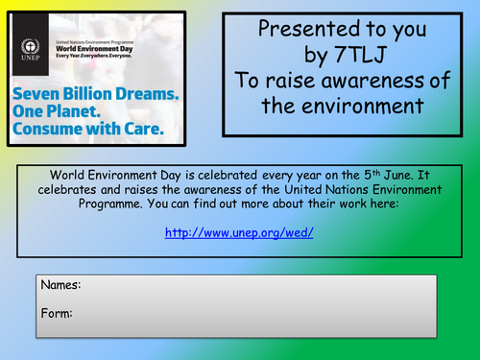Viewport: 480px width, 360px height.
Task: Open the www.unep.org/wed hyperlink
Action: [x=239, y=233]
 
